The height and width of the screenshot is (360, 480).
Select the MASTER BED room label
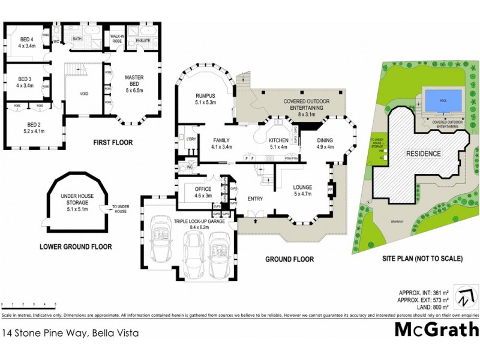(x=134, y=81)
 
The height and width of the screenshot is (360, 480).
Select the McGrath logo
(x=437, y=330)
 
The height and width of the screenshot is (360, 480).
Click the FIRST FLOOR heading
(x=112, y=142)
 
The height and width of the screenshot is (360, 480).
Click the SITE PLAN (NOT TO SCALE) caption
(x=422, y=259)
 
